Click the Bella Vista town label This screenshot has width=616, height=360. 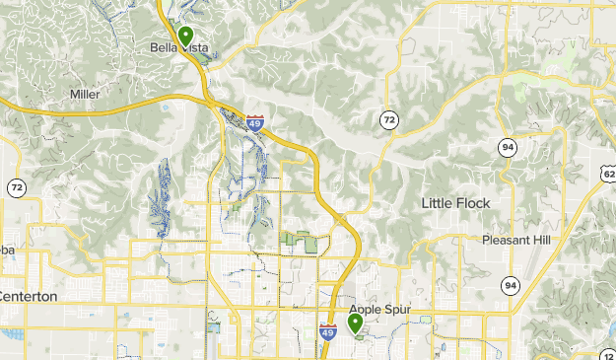[178, 47]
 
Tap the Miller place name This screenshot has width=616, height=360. [86, 94]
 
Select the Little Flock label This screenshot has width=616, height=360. [455, 203]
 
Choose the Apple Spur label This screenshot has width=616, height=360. [378, 310]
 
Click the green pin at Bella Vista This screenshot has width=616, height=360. [184, 38]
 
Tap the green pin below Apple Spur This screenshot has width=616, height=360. [356, 323]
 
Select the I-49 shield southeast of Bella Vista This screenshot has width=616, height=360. [255, 123]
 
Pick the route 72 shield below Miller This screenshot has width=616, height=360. [17, 186]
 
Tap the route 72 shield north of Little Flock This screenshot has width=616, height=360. [389, 120]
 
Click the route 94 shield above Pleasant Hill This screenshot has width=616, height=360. [508, 147]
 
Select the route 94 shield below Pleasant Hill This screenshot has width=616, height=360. [510, 285]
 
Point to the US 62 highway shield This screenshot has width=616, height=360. [608, 174]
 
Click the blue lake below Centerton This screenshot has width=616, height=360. [12, 334]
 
